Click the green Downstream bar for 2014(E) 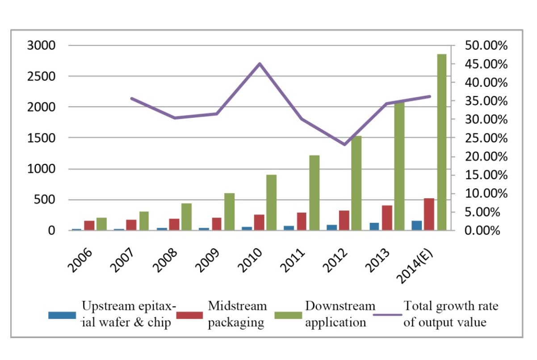441,142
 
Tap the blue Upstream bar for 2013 374,226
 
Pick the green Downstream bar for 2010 271,203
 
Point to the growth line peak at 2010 260,64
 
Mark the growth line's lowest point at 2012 344,144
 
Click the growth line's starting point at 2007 132,98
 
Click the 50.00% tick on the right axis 486,46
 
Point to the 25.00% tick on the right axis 486,138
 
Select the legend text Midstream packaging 237,314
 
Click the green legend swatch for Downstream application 288,315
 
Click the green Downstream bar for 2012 357,183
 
